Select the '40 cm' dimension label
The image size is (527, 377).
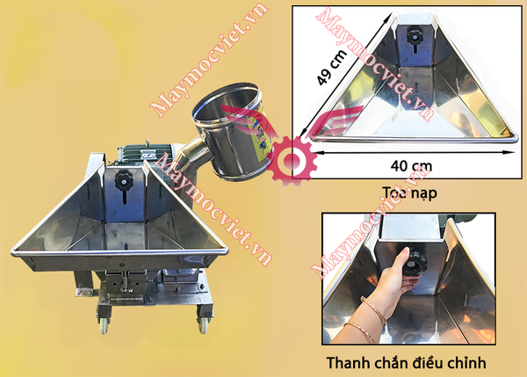tap(409, 164)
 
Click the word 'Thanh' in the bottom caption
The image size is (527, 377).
tap(348, 362)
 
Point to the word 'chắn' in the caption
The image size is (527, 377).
tap(391, 362)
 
